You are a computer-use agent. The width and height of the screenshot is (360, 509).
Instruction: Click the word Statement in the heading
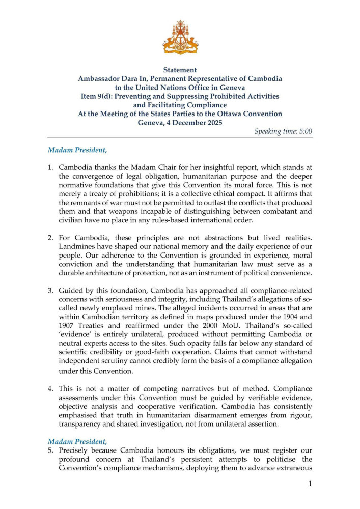pyautogui.click(x=180, y=70)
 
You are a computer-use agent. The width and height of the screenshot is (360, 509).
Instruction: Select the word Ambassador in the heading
pyautogui.click(x=100, y=79)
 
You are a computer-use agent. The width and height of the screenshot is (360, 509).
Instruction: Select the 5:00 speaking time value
pyautogui.click(x=302, y=131)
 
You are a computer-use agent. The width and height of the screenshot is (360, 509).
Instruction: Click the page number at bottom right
pyautogui.click(x=310, y=483)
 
